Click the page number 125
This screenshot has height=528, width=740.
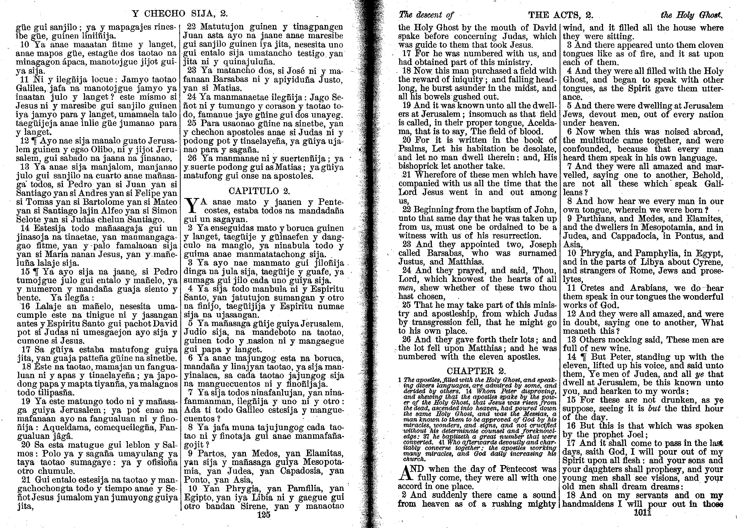(263, 515)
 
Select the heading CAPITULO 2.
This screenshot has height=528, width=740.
(259, 191)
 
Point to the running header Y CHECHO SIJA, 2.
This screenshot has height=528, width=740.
(180, 14)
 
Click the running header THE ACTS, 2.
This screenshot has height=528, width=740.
(561, 15)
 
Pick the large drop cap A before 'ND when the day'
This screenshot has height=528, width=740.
(405, 474)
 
